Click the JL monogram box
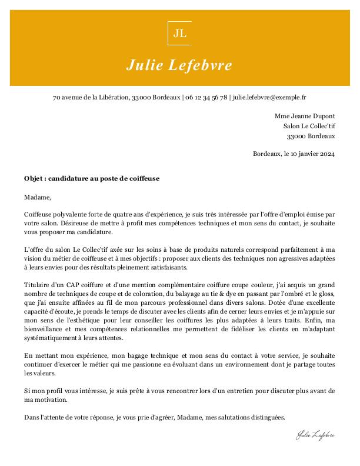pyautogui.click(x=179, y=33)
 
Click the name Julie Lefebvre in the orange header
pyautogui.click(x=179, y=64)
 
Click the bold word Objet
pyautogui.click(x=34, y=178)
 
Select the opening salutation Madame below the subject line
pyautogui.click(x=38, y=197)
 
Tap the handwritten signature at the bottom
pyautogui.click(x=315, y=435)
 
